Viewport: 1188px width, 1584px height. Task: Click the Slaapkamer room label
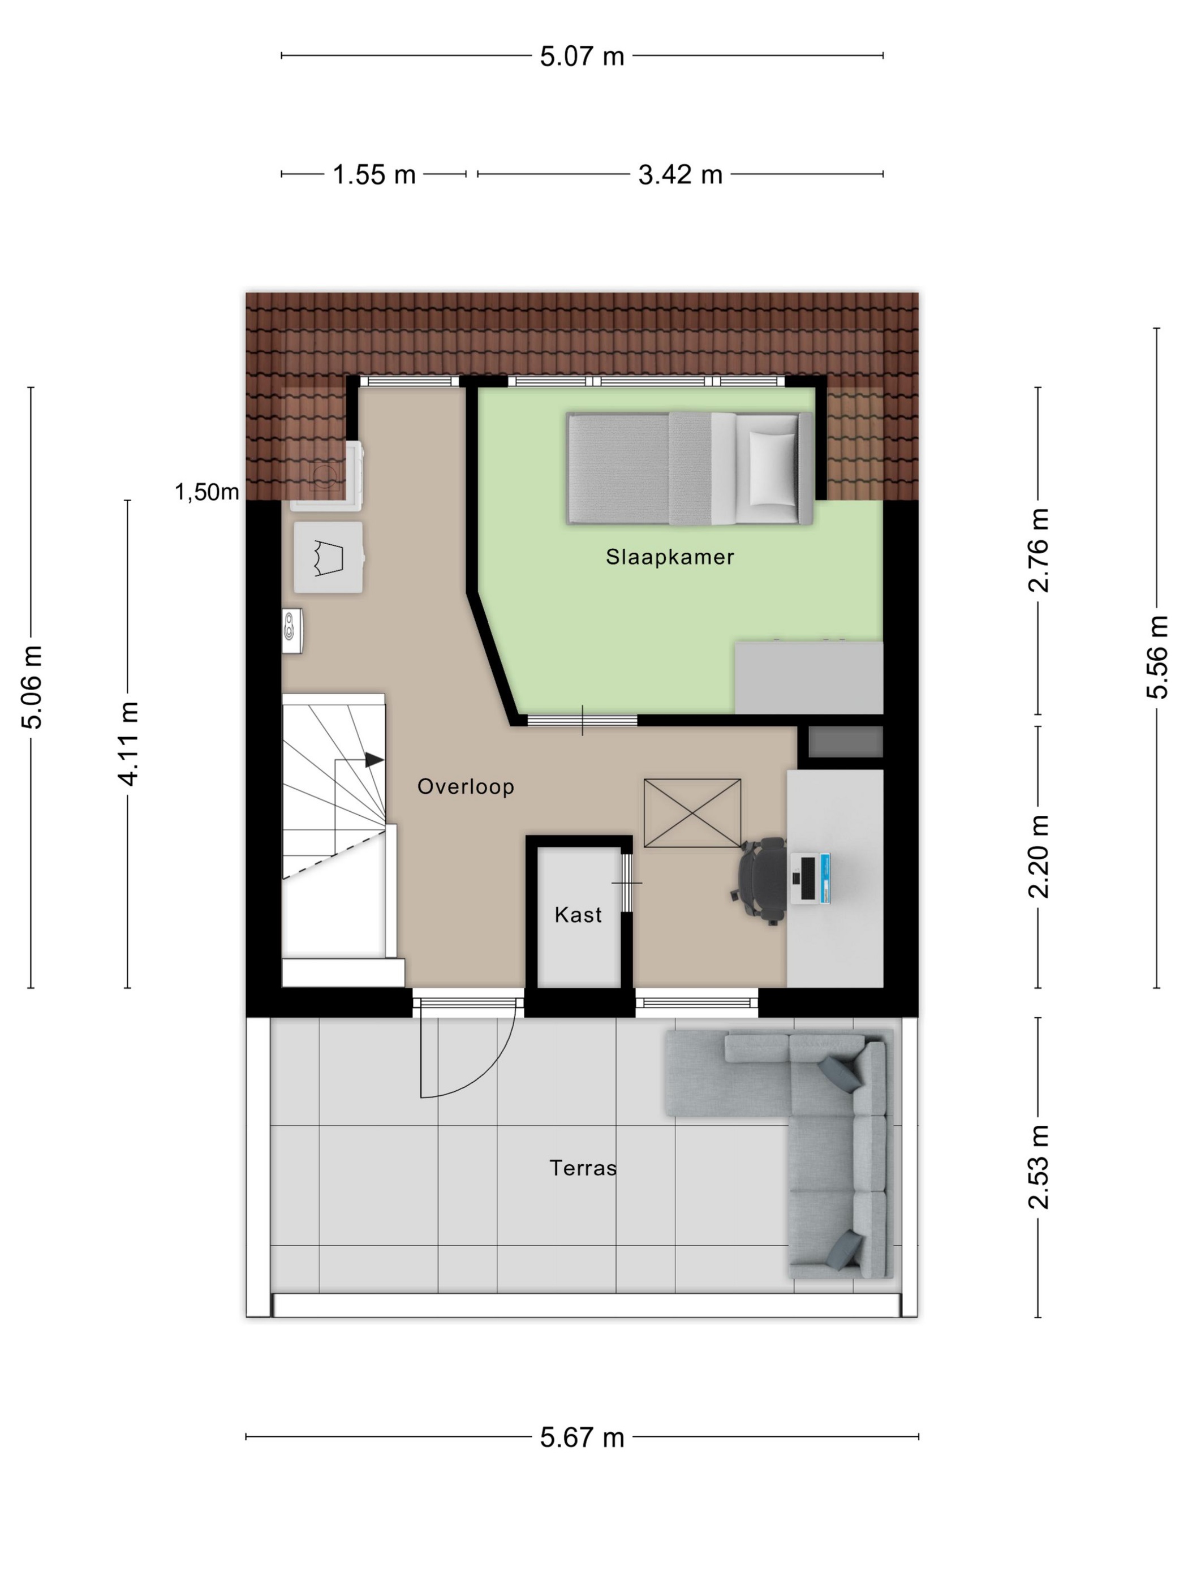tap(670, 557)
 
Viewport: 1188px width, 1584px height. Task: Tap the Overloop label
tap(466, 786)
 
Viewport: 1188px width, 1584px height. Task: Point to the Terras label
tap(583, 1168)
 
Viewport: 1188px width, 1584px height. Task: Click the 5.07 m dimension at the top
tap(582, 56)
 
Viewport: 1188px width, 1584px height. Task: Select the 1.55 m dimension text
tap(374, 175)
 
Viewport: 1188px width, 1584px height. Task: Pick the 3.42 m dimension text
tap(681, 175)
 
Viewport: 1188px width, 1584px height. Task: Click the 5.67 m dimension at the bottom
tap(582, 1437)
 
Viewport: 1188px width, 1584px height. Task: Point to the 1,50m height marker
tap(207, 492)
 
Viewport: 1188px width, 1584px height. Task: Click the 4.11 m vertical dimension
tap(128, 743)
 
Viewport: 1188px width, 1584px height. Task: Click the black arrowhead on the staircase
tap(375, 760)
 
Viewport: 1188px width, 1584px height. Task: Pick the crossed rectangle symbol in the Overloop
tap(692, 813)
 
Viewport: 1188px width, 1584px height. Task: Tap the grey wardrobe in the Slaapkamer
tap(809, 677)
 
